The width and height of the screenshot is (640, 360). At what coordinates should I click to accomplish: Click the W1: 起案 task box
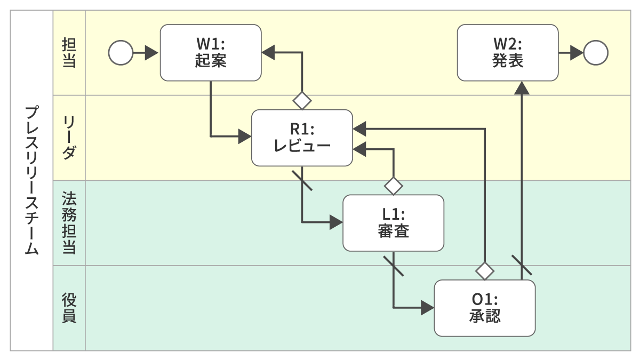coord(211,52)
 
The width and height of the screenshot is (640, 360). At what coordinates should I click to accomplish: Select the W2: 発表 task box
coord(508,52)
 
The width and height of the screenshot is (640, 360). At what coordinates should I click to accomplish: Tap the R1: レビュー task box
coord(302,138)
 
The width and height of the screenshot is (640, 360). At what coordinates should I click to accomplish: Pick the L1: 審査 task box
coord(393,222)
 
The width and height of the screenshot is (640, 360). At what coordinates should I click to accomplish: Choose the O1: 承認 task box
coord(484,308)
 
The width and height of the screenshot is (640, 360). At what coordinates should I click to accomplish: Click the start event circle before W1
coord(121,52)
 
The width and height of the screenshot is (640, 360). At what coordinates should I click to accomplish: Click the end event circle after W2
coord(596,52)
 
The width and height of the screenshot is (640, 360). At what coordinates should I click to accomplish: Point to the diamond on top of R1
coord(302,100)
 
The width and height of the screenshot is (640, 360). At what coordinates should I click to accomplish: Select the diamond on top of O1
coord(484,270)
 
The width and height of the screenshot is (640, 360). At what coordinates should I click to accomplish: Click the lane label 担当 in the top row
coord(69,52)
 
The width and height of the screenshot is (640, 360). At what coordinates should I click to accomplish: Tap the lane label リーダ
coord(69,138)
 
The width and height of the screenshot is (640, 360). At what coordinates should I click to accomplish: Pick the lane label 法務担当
coord(69,222)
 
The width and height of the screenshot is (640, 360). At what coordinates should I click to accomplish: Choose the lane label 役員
coord(69,308)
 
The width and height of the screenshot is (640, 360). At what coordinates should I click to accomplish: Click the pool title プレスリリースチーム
coord(31,180)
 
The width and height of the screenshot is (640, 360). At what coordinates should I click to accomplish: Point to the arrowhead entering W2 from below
coord(522,87)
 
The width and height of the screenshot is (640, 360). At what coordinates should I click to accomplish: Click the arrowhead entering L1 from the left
coord(336,222)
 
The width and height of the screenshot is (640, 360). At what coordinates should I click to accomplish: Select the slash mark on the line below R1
coord(302,180)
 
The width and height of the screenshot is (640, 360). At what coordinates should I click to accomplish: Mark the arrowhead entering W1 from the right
coord(268,52)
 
